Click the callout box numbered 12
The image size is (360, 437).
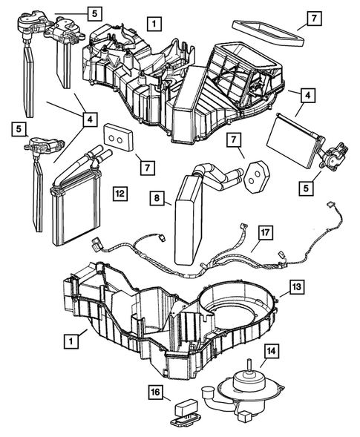(x=119, y=194)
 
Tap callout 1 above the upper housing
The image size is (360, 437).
(x=152, y=23)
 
